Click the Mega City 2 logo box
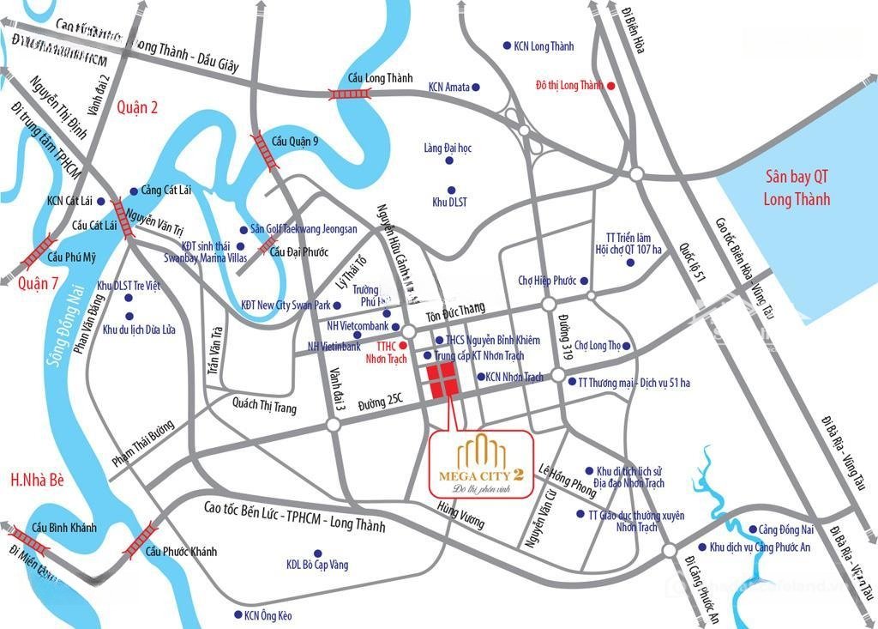click(482, 463)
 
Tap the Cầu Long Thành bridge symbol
click(352, 94)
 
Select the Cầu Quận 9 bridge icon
click(264, 151)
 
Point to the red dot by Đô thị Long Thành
click(610, 86)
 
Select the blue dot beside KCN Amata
click(475, 87)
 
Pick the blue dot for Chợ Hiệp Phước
click(584, 280)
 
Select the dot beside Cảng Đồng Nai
click(752, 529)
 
